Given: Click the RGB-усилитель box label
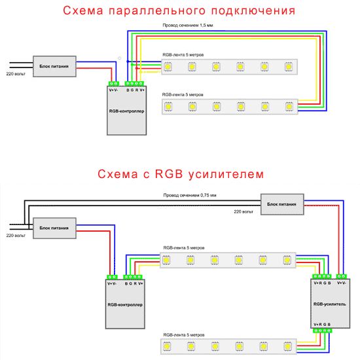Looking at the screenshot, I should [327, 304].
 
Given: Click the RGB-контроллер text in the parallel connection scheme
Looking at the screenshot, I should [127, 112].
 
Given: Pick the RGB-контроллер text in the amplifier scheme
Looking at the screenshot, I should [124, 304].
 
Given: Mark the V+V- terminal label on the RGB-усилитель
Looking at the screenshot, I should [342, 283].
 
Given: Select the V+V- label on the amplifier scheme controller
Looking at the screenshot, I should [112, 283].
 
